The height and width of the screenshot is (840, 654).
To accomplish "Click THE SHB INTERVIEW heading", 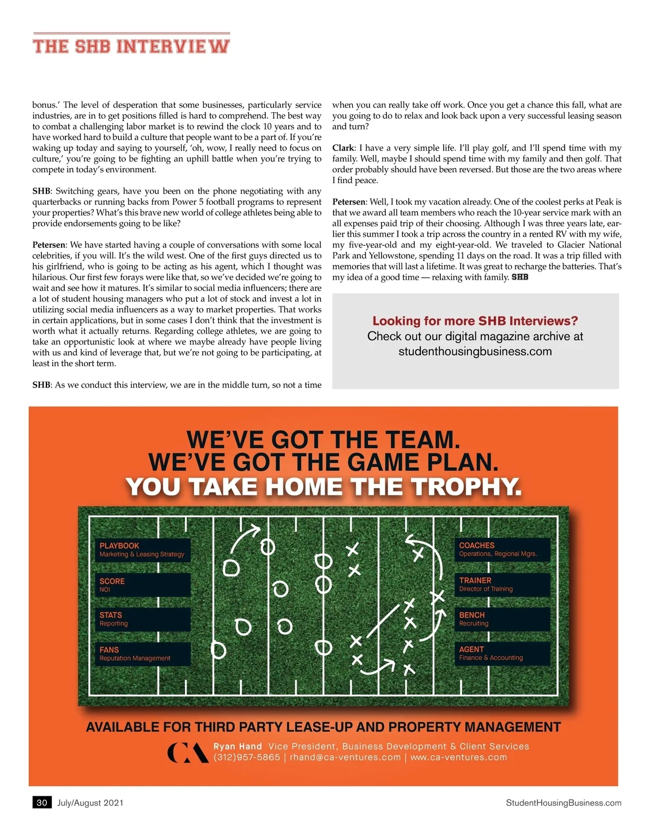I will pyautogui.click(x=131, y=46).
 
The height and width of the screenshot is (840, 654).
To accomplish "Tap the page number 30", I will pyautogui.click(x=42, y=802).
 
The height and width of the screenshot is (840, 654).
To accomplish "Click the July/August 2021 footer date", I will pyautogui.click(x=90, y=802).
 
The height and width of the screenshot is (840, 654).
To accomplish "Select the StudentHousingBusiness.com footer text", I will pyautogui.click(x=564, y=802).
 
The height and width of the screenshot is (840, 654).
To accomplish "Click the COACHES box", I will pyautogui.click(x=502, y=549).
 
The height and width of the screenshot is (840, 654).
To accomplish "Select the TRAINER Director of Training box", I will pyautogui.click(x=502, y=584).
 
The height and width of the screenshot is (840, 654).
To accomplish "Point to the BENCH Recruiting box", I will pyautogui.click(x=502, y=619).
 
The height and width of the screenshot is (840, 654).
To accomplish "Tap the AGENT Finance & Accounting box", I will pyautogui.click(x=502, y=653).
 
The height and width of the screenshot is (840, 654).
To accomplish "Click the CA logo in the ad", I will pyautogui.click(x=187, y=752).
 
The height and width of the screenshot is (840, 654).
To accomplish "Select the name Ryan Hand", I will pyautogui.click(x=238, y=746).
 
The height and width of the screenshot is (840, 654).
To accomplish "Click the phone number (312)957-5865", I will pyautogui.click(x=247, y=757).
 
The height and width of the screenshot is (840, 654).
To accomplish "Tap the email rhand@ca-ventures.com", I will pyautogui.click(x=345, y=757).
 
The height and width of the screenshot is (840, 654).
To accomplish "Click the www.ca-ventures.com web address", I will pyautogui.click(x=458, y=757).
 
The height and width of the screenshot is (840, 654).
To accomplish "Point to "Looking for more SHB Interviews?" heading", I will pyautogui.click(x=475, y=321).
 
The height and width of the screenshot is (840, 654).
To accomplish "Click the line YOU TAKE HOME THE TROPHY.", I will pyautogui.click(x=324, y=487).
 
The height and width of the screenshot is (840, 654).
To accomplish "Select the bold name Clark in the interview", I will pyautogui.click(x=343, y=148).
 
